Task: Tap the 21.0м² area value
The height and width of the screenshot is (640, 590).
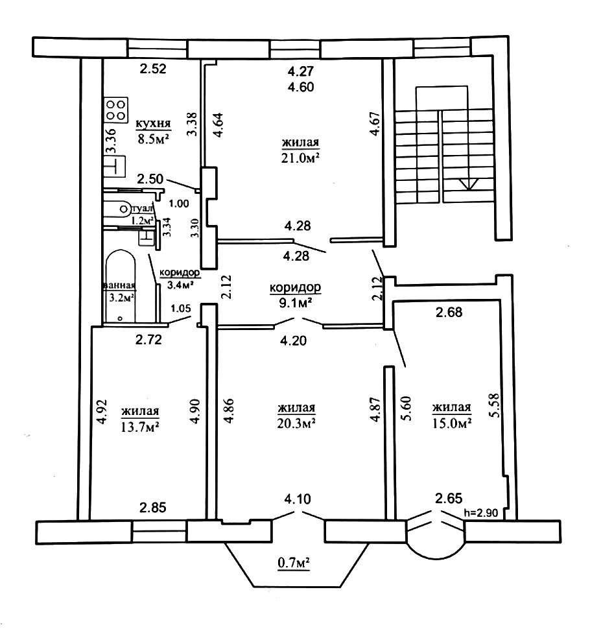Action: point(301,158)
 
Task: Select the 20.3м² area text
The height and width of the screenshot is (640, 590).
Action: point(296,423)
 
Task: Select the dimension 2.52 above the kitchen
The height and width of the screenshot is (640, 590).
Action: point(154,69)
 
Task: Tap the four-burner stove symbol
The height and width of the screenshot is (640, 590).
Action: point(116,109)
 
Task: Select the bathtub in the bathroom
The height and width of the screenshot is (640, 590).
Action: point(120,285)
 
